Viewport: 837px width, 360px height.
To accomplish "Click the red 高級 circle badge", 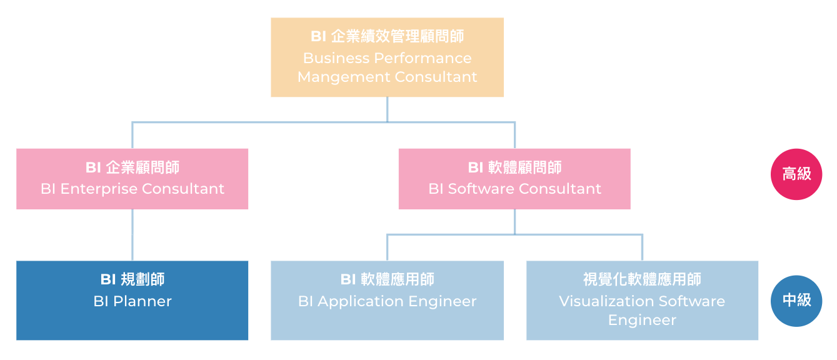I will pyautogui.click(x=796, y=174).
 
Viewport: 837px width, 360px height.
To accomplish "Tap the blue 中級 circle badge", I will pyautogui.click(x=796, y=301).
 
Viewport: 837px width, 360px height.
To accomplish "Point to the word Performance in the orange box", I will pyautogui.click(x=423, y=58).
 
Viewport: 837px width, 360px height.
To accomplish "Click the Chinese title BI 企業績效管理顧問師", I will pyautogui.click(x=387, y=37).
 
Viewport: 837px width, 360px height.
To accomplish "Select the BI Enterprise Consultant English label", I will pyautogui.click(x=132, y=189).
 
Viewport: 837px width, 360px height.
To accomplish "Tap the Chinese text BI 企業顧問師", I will pyautogui.click(x=132, y=167).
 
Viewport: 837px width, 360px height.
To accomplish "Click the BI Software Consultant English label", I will pyautogui.click(x=514, y=189).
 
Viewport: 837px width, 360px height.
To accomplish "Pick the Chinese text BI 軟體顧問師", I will pyautogui.click(x=514, y=167).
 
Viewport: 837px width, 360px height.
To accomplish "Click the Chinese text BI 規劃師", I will pyautogui.click(x=132, y=279).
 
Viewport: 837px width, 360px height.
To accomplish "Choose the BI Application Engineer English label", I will pyautogui.click(x=387, y=301).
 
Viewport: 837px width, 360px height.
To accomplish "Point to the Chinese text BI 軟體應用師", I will pyautogui.click(x=387, y=279).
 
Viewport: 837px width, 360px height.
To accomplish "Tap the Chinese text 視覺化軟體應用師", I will pyautogui.click(x=642, y=279).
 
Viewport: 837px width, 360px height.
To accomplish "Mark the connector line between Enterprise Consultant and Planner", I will pyautogui.click(x=132, y=235).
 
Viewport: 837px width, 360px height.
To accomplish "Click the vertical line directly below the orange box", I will pyautogui.click(x=387, y=109).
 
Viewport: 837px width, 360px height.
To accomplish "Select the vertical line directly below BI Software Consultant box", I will pyautogui.click(x=514, y=221).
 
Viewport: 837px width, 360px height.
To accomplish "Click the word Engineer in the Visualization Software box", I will pyautogui.click(x=642, y=320).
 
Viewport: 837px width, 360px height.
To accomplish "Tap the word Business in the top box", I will pyautogui.click(x=336, y=58).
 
